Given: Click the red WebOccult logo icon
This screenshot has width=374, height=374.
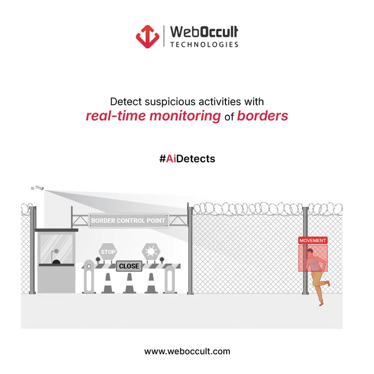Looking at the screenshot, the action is [147, 36].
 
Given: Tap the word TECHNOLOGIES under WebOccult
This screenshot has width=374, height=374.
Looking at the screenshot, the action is [204, 45].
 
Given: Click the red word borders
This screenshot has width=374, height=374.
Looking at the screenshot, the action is [262, 116].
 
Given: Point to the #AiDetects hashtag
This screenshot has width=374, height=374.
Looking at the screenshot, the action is [187, 158].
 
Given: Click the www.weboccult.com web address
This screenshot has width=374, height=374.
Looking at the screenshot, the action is [187, 351].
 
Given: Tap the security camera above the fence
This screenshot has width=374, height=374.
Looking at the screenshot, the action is [37, 188].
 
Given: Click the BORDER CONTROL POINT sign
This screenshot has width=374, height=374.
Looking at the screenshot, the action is [128, 221].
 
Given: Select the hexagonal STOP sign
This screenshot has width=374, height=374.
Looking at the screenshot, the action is [108, 252].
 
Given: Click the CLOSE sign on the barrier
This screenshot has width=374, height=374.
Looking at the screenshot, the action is [129, 266].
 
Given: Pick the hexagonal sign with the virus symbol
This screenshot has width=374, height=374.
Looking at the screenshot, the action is [151, 252].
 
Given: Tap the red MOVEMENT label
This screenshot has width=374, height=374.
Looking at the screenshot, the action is [313, 240].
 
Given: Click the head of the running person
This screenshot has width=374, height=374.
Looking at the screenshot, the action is [310, 252].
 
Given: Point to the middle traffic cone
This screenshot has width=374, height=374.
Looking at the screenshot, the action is [129, 283].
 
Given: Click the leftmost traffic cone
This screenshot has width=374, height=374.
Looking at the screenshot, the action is [108, 283].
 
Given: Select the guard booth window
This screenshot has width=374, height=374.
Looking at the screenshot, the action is [56, 248].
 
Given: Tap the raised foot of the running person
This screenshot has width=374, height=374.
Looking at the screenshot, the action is [328, 283].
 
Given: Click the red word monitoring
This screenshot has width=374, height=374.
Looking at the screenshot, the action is [185, 116].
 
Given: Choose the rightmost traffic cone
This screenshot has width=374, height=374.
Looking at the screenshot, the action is [151, 283].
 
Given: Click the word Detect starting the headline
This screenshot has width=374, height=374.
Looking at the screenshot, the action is [126, 102].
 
